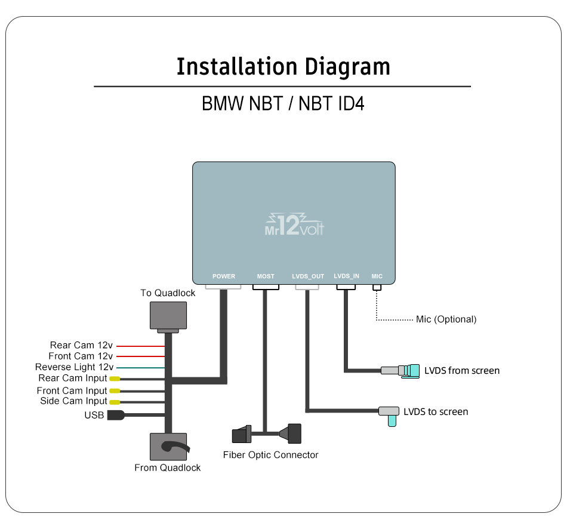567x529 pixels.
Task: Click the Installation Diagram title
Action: (x=283, y=66)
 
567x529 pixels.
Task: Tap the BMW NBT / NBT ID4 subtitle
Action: (x=283, y=104)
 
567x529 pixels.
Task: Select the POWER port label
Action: (x=224, y=276)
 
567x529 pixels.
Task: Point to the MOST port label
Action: (x=266, y=276)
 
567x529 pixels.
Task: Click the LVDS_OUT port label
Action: (x=308, y=276)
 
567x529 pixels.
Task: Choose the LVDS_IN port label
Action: (x=347, y=276)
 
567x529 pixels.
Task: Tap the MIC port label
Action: (x=377, y=276)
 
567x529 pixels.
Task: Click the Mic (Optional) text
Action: (x=446, y=319)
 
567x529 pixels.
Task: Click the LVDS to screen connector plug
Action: (x=389, y=413)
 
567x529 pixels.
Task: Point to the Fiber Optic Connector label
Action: (x=270, y=455)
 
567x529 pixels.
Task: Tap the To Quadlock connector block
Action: (x=168, y=316)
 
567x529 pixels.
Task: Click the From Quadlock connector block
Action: (x=168, y=447)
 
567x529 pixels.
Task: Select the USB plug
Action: (x=116, y=415)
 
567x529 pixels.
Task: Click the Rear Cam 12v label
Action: (x=81, y=345)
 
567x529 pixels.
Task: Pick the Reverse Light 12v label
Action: (x=74, y=367)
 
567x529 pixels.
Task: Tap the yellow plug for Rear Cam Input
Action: (x=114, y=379)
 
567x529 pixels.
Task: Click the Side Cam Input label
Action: (x=73, y=401)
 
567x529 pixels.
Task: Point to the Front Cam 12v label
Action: (x=81, y=356)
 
